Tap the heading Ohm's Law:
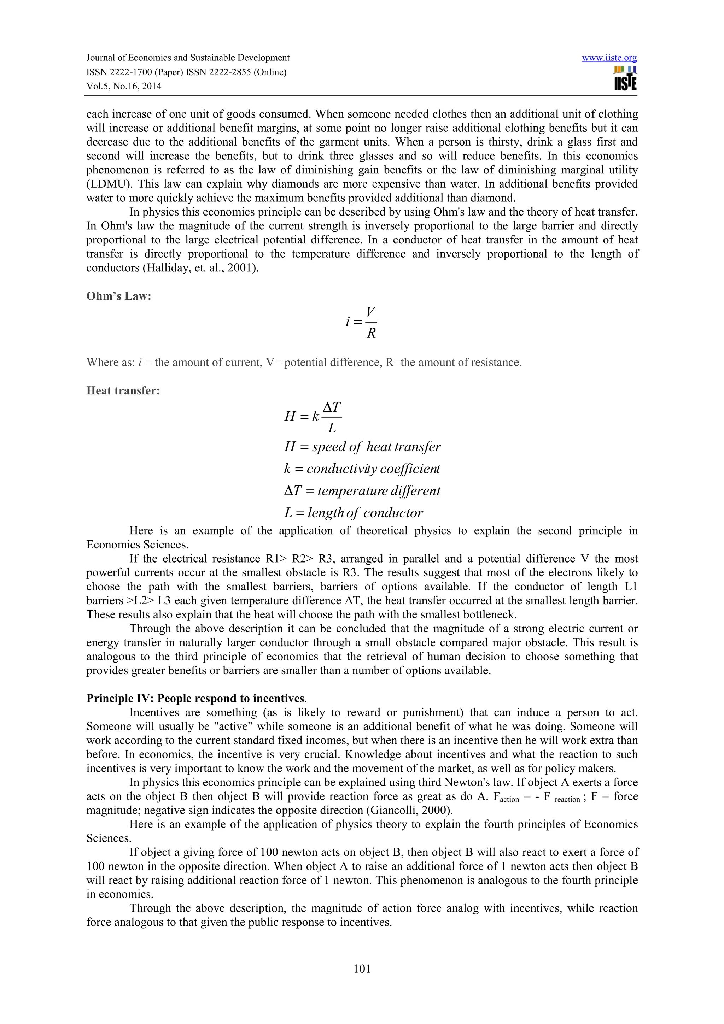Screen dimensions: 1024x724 [x=119, y=296]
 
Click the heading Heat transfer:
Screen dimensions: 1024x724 [x=123, y=391]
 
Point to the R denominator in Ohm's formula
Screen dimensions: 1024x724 [x=371, y=333]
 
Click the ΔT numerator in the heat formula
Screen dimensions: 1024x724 [x=332, y=407]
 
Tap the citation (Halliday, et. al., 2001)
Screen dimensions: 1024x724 [x=172, y=268]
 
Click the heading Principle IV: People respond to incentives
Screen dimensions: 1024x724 [x=196, y=699]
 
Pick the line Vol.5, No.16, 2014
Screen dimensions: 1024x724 [x=124, y=86]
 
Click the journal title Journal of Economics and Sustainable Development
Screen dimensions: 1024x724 [x=188, y=58]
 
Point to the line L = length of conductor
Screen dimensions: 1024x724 [x=353, y=513]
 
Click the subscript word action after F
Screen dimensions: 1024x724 [x=509, y=800]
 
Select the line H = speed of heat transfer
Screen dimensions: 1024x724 [x=362, y=447]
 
